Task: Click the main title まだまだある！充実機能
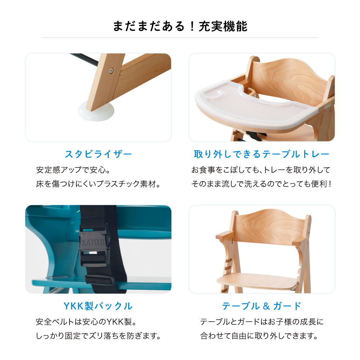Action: (180, 26)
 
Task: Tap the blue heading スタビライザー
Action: (98, 154)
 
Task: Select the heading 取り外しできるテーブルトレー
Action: (262, 154)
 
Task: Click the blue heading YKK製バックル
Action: (98, 306)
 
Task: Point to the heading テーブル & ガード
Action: (262, 306)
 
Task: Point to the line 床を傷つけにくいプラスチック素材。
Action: (98, 184)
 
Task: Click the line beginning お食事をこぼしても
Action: (261, 170)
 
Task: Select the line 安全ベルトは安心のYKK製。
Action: (87, 321)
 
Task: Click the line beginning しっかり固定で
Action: (98, 337)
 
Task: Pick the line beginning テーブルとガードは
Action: (262, 321)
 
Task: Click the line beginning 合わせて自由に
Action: (260, 337)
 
